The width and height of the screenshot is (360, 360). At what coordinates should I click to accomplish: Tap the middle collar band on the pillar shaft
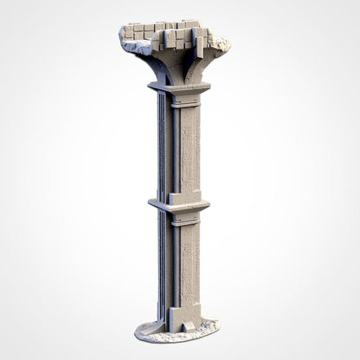click(x=179, y=205)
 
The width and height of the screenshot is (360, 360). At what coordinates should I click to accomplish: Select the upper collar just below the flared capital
click(x=179, y=87)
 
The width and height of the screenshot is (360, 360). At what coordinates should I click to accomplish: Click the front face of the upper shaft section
click(x=190, y=147)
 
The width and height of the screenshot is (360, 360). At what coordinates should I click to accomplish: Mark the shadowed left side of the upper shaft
click(x=162, y=147)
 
